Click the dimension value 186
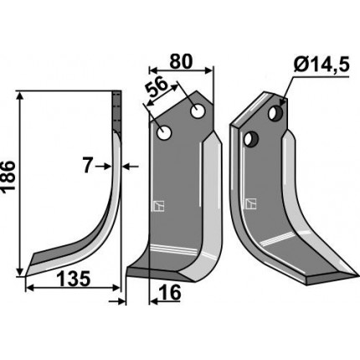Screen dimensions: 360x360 click(8, 176)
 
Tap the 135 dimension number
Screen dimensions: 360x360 click(74, 279)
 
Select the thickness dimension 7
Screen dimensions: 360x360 click(87, 166)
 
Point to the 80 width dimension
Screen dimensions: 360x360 click(181, 62)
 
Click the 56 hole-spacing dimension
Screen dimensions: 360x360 click(157, 87)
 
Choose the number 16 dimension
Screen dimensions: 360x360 click(171, 293)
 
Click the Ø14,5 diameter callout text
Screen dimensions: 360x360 click(321, 66)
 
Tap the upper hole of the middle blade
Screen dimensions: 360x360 click(198, 111)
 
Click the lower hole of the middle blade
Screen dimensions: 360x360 click(164, 133)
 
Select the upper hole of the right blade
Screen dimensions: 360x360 click(275, 113)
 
